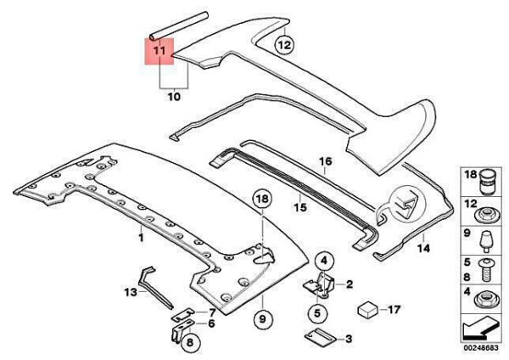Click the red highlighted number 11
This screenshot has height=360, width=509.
pos(159,52)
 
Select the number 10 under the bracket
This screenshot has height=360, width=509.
pos(175,98)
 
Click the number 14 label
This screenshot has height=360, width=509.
pos(424,249)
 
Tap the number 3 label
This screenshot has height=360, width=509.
pos(348,340)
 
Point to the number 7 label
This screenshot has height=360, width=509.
pos(212,312)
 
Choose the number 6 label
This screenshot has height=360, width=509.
pos(211,323)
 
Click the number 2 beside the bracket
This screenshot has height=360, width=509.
pos(350,286)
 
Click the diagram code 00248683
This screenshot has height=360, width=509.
pos(480,348)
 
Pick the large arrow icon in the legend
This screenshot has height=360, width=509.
pos(480,327)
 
